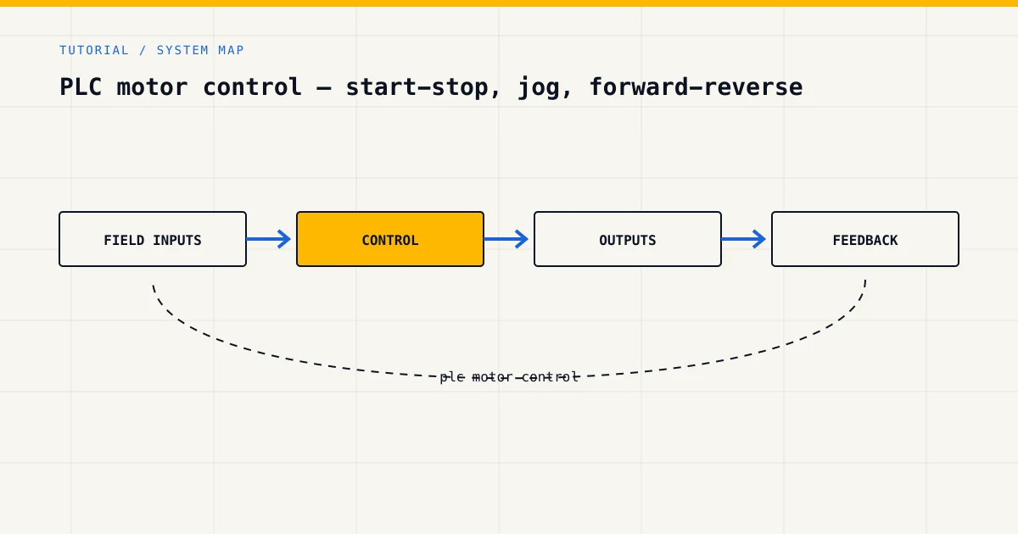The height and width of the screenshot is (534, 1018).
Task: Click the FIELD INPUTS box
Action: [153, 239]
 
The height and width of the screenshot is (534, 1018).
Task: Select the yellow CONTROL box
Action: [390, 239]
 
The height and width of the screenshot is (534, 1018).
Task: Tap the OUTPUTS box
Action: [628, 239]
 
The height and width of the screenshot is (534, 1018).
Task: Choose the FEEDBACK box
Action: [865, 239]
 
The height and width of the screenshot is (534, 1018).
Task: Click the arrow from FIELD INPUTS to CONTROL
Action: [269, 239]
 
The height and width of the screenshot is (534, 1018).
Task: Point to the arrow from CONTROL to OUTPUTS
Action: [506, 239]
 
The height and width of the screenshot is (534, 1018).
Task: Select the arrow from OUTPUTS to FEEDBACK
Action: [743, 239]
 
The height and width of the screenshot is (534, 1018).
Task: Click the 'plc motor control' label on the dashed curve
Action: [510, 377]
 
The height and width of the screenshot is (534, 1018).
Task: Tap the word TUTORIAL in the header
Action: [94, 50]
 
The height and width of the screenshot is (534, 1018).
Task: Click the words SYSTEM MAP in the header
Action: [200, 50]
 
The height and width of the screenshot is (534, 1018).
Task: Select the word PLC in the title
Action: [81, 86]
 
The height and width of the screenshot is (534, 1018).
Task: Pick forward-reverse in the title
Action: [696, 86]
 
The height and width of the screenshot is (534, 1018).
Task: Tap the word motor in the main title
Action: [152, 87]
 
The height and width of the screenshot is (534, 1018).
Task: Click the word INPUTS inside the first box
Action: [176, 240]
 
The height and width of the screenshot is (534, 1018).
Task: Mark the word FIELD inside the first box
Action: [124, 240]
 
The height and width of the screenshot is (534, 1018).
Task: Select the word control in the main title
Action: [252, 86]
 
